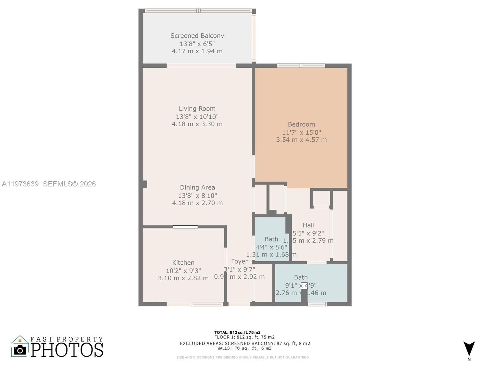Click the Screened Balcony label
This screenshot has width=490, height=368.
click(x=197, y=36)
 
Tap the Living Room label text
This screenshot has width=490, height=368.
click(x=197, y=109)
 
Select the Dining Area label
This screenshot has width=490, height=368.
click(x=197, y=187)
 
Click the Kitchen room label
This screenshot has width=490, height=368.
click(x=183, y=263)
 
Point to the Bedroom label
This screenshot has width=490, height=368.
click(x=301, y=124)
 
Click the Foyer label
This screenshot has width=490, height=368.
click(x=239, y=261)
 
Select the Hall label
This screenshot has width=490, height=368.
click(x=308, y=225)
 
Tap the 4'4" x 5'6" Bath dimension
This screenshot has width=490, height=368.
click(x=271, y=247)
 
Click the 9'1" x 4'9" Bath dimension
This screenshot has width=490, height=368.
click(x=301, y=286)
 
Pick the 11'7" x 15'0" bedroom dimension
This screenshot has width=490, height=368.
click(x=301, y=132)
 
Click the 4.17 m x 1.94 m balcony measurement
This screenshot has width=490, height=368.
click(x=197, y=51)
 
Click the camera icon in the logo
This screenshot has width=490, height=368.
click(x=20, y=350)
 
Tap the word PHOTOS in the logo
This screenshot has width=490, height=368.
click(x=67, y=350)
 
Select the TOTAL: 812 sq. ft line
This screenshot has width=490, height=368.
click(x=237, y=332)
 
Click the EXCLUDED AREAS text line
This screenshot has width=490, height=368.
click(x=245, y=343)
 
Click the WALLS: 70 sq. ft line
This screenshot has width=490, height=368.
click(x=244, y=348)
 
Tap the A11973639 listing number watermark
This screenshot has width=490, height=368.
click(x=20, y=184)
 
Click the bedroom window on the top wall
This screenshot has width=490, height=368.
click(x=301, y=66)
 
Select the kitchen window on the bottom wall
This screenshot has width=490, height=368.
click(x=207, y=304)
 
